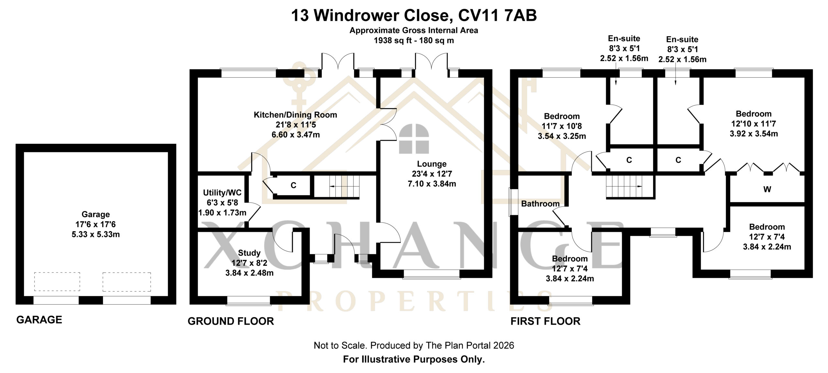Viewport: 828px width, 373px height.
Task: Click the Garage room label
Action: (95, 214)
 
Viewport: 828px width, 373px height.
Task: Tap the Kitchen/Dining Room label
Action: (295, 115)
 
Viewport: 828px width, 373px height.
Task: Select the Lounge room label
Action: (431, 164)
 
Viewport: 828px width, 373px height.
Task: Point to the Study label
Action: (249, 253)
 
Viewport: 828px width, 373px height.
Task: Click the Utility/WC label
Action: (222, 193)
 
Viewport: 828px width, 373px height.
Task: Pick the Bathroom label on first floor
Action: (540, 204)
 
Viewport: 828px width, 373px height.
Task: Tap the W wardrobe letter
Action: (767, 189)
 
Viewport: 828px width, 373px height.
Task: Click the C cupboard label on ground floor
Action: (293, 186)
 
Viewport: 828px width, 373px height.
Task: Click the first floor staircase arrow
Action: (634, 186)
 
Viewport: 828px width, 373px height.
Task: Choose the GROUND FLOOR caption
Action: (231, 321)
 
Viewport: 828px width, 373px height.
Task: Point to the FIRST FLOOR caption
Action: (545, 321)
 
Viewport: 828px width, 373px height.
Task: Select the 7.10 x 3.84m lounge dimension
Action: (432, 184)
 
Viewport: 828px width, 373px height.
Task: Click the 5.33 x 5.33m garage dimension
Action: (96, 234)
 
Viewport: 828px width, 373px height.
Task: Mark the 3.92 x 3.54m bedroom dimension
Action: (754, 134)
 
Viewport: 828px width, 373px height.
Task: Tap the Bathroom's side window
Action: (513, 202)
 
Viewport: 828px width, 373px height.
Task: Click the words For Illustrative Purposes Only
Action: (414, 359)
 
